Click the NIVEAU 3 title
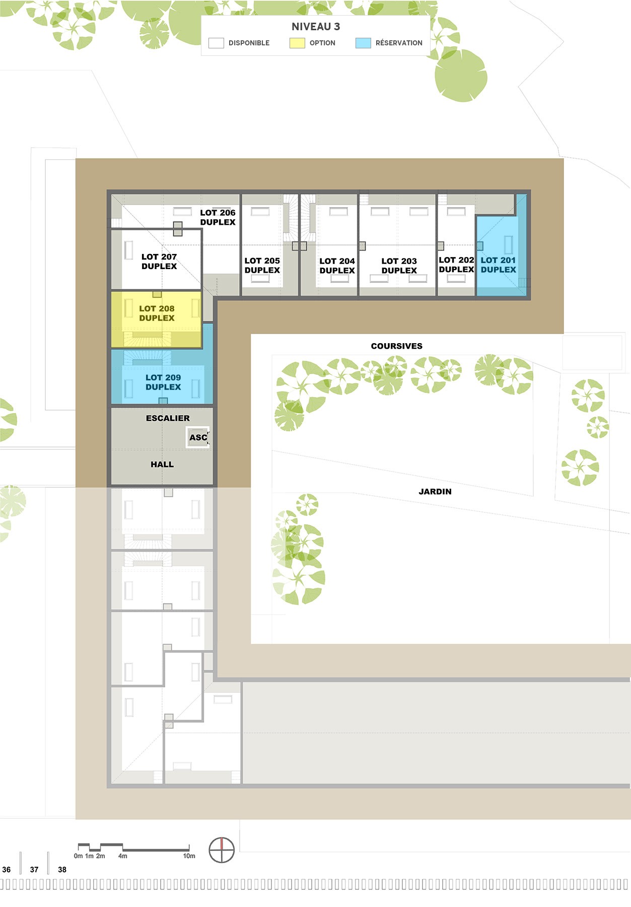click(316, 27)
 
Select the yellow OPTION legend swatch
click(297, 43)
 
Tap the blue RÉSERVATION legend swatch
click(363, 43)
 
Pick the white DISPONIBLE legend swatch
click(216, 43)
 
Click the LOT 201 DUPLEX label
click(499, 265)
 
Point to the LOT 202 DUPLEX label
click(456, 265)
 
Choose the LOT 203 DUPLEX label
click(399, 266)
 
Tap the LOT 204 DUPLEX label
click(337, 266)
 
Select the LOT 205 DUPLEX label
click(262, 265)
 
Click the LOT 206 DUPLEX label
click(218, 217)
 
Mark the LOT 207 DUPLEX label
click(159, 262)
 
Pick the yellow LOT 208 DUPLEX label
click(157, 313)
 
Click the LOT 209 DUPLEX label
click(163, 382)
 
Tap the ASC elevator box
click(198, 437)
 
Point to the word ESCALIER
click(168, 418)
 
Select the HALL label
click(162, 465)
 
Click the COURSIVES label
click(397, 346)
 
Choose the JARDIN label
click(435, 491)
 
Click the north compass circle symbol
click(222, 850)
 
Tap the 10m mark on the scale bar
click(189, 856)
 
